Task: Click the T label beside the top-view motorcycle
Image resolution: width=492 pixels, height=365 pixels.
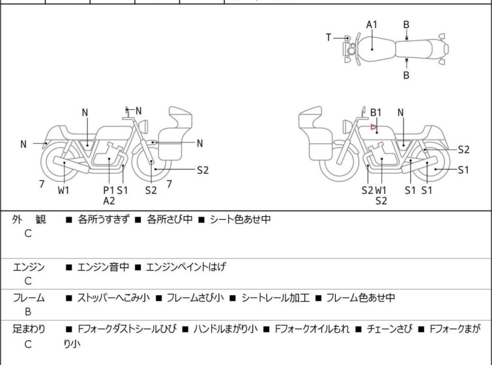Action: (x=329, y=38)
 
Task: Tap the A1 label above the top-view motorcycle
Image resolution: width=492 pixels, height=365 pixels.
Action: (x=371, y=25)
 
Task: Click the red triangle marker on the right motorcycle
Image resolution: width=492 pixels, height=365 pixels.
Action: (x=373, y=128)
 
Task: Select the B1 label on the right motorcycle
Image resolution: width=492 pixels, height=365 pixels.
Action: (x=376, y=113)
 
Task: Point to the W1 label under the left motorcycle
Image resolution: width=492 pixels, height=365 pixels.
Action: (x=63, y=190)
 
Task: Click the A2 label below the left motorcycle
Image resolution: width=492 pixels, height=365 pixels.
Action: (x=109, y=200)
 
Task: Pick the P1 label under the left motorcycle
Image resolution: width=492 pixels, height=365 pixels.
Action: (x=108, y=190)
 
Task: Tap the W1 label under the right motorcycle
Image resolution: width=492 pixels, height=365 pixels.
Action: (x=381, y=190)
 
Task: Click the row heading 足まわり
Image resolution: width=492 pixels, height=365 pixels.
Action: (x=29, y=329)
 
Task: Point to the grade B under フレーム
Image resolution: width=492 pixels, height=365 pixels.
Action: (x=28, y=312)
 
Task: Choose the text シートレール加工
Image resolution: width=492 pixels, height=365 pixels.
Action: (x=276, y=298)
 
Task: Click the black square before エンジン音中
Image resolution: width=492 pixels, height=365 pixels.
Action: (x=68, y=267)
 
